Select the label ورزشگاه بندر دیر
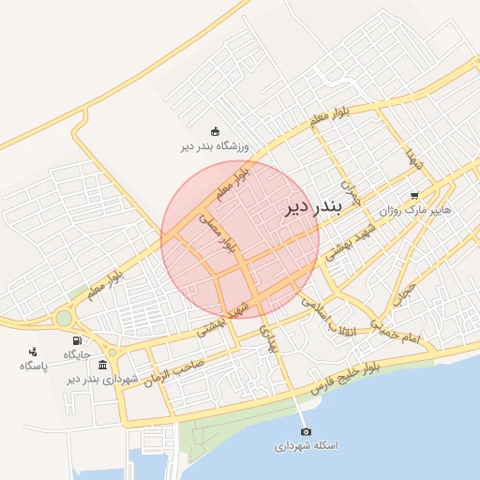point(214,146)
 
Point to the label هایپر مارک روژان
point(414,211)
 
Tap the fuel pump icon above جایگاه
point(76,340)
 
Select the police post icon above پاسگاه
point(33,352)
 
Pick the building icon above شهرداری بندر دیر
point(101,365)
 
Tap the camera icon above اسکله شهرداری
point(306,431)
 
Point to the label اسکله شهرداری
point(305,446)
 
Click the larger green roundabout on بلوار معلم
point(64,319)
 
